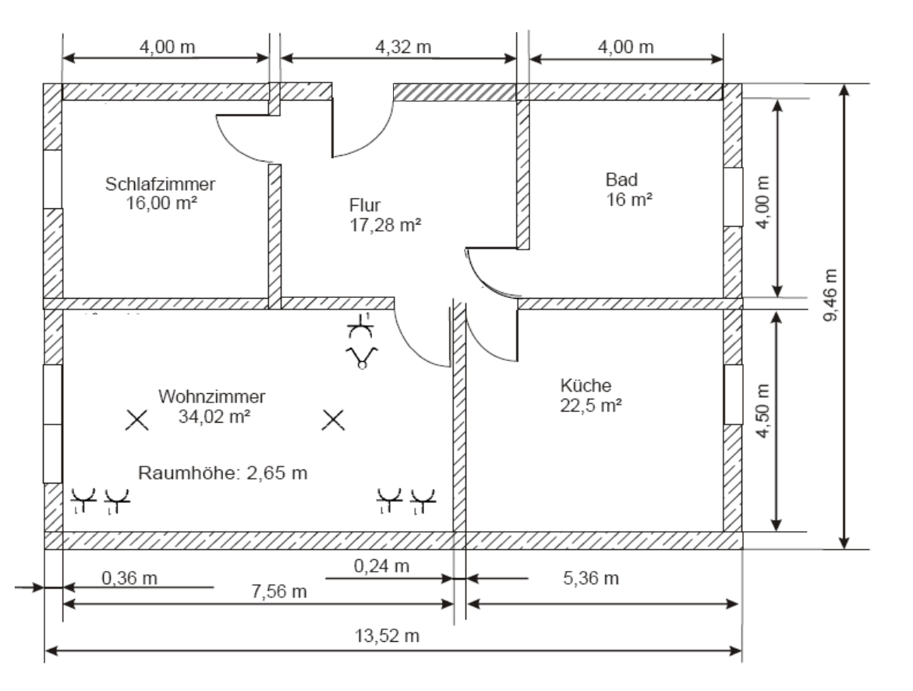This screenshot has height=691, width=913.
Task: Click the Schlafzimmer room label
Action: coord(160,184)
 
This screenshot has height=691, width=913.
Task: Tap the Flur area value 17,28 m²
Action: coord(385,225)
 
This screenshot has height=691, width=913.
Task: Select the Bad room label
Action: coord(621,179)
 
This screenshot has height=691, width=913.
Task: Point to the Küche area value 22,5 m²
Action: coord(590,405)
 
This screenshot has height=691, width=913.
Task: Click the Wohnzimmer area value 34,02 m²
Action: coord(214,416)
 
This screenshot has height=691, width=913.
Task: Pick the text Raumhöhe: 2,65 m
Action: coord(222,473)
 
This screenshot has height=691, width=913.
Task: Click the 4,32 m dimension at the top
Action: coord(403,47)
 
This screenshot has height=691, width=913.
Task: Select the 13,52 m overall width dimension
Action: coord(387,635)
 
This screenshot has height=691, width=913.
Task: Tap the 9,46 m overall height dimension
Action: coord(830,295)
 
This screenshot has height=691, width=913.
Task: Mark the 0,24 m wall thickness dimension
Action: coord(381,565)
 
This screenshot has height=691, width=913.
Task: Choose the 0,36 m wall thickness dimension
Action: coord(129,578)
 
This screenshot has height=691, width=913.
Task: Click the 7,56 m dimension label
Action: coord(279,591)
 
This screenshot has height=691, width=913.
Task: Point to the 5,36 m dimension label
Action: coord(590,578)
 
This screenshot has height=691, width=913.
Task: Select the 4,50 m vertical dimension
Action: coord(763,410)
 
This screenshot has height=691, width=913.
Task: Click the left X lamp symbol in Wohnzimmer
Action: coord(137,420)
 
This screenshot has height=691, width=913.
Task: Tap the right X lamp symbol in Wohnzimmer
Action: coord(333,420)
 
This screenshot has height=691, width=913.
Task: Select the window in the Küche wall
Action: coord(733,395)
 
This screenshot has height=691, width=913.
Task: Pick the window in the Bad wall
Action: coord(733,197)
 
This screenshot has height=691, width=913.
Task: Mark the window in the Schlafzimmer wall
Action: coord(52,179)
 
